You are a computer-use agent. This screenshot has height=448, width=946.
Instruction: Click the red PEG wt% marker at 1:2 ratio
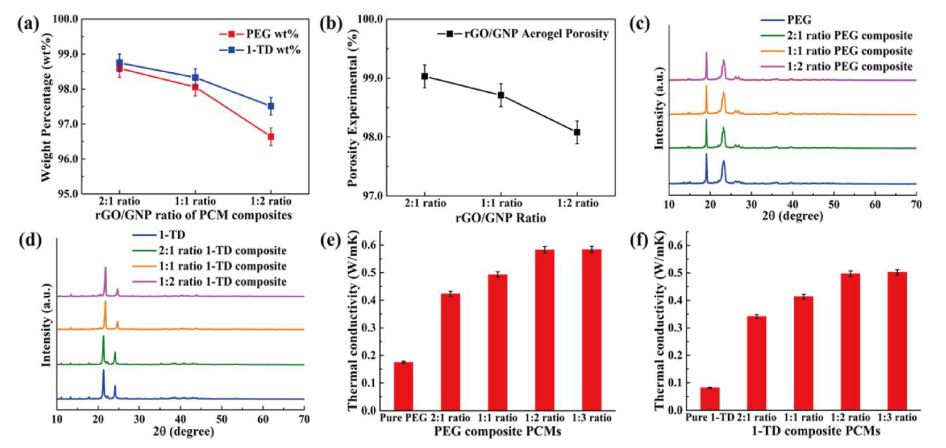[271, 137]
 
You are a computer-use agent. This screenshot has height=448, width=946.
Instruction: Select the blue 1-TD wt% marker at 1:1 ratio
[195, 78]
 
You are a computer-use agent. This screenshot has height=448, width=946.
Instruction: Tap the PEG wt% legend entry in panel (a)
[259, 34]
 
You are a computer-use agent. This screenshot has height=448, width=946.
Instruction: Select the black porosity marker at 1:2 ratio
[577, 132]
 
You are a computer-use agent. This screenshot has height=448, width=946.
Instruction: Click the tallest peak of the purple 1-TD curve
[105, 268]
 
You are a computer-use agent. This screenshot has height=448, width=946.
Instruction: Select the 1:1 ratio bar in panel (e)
[498, 342]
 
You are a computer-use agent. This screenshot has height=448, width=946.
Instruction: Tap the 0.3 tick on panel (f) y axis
[677, 328]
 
